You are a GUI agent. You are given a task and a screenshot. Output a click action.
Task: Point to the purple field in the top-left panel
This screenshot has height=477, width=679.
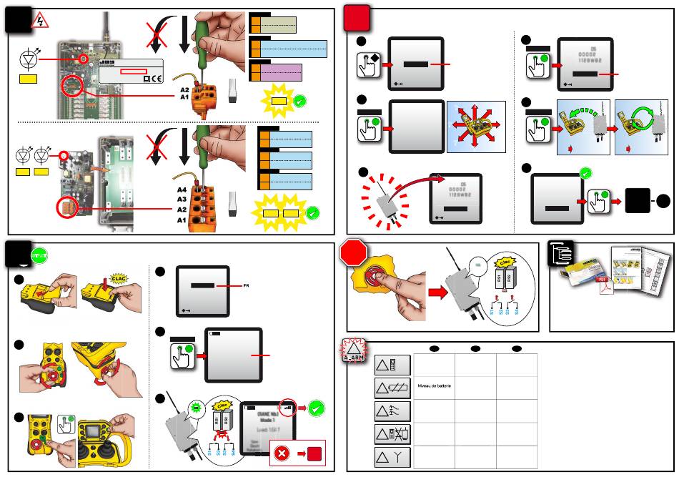(x=280, y=72)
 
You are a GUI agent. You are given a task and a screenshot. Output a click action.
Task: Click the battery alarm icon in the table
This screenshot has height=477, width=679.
(x=392, y=387)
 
